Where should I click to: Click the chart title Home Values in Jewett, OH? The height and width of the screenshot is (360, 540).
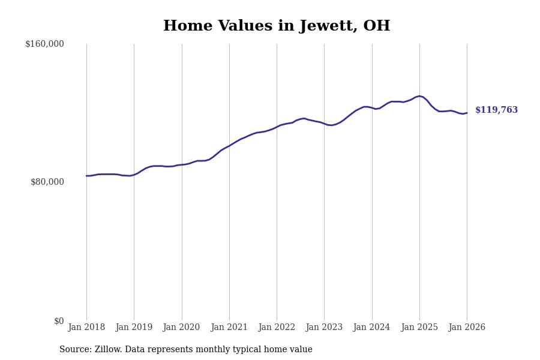point(277,26)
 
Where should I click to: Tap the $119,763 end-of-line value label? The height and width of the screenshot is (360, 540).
point(496,110)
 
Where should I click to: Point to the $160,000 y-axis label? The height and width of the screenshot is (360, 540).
point(44,44)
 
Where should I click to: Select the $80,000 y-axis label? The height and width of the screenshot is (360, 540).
point(47,182)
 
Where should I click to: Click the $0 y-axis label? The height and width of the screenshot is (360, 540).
point(58,321)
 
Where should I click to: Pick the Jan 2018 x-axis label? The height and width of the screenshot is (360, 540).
point(86,328)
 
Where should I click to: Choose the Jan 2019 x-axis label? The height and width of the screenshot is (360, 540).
point(134,328)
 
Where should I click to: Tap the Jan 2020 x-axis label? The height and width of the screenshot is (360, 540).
point(182,328)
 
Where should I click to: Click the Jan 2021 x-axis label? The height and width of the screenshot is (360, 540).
point(229,328)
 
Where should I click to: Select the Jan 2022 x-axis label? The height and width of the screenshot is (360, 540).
point(277,328)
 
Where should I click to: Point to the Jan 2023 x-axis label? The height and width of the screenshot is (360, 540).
point(324,328)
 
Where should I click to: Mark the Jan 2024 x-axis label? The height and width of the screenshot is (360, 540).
point(372,328)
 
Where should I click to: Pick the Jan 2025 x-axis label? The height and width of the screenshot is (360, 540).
point(419,328)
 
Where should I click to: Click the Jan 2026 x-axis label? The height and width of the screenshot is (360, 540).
point(467,328)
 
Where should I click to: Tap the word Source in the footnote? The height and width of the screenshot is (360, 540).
point(74,350)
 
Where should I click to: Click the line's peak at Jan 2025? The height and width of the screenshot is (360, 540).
point(420,96)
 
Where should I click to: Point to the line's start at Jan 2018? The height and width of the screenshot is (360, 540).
point(86,176)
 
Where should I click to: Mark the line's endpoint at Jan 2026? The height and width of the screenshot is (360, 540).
point(467,113)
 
